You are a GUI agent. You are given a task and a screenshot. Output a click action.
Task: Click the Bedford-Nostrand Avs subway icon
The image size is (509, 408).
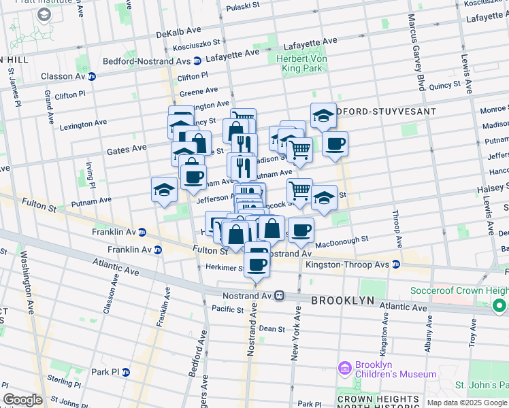[x=197, y=61]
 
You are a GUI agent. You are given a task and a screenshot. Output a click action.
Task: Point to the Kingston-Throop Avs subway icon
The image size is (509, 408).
[x=395, y=264]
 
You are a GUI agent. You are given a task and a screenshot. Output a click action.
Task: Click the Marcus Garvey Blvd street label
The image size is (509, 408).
[x=416, y=61]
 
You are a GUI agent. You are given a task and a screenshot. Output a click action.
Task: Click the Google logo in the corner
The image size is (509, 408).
[x=22, y=400]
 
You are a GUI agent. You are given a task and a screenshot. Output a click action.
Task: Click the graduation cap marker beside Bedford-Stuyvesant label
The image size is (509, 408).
[x=323, y=117]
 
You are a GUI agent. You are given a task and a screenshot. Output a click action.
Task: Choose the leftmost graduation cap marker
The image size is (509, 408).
[x=164, y=190]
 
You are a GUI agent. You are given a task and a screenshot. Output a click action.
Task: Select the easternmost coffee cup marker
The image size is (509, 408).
[x=335, y=145]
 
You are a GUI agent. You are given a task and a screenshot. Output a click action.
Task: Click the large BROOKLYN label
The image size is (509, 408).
[x=343, y=300]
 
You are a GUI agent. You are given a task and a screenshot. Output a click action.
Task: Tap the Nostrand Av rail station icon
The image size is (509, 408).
[x=280, y=296]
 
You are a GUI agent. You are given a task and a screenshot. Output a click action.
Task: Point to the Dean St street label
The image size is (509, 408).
[x=272, y=328]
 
